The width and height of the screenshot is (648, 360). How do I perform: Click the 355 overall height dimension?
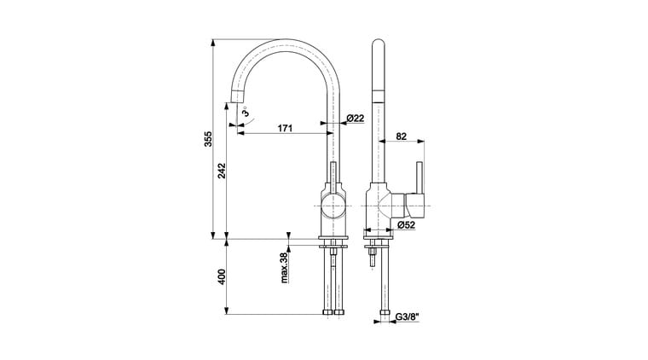coord(208,139)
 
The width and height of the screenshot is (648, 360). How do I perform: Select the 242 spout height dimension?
coord(222,171)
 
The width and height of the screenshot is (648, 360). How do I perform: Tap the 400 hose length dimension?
coord(222,276)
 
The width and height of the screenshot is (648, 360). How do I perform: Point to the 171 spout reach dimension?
coord(285,128)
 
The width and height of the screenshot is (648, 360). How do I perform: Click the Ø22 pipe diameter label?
coord(356,119)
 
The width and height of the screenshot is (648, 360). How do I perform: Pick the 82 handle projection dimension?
coord(402,136)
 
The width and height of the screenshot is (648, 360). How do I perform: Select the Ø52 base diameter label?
coord(406,225)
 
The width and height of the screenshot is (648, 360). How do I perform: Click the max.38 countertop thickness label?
coord(284,268)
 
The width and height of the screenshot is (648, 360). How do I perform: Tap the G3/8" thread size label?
coord(408,317)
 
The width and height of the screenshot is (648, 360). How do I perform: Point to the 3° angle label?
coord(245,112)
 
